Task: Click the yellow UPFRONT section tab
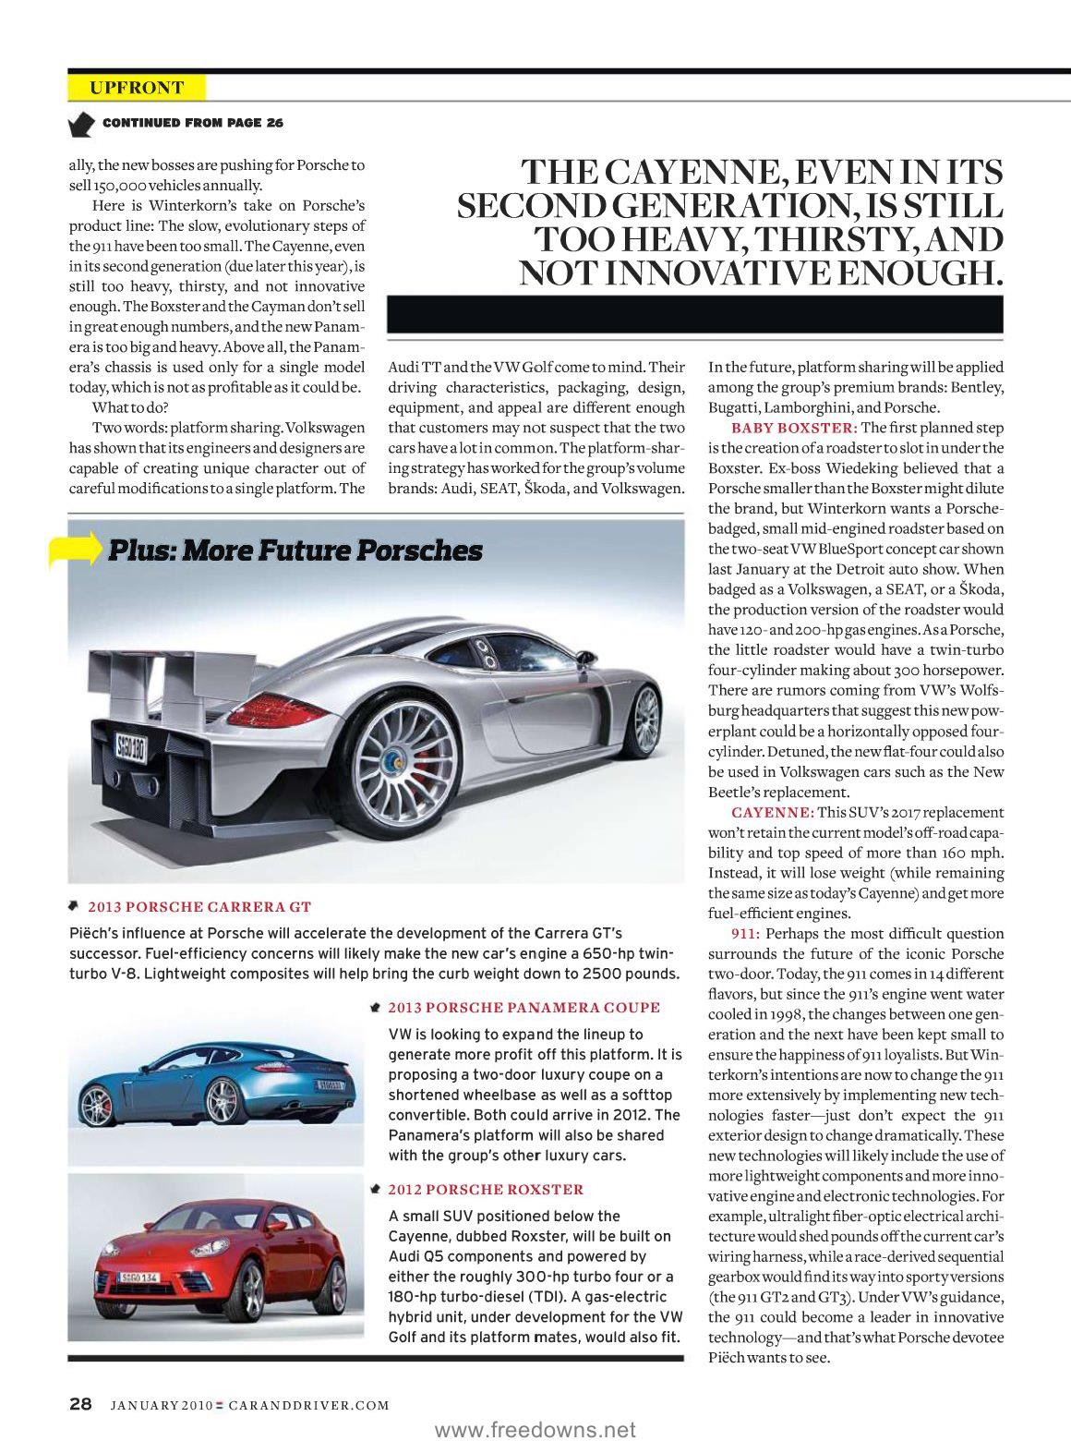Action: click(137, 88)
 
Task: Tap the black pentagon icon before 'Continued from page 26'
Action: click(81, 123)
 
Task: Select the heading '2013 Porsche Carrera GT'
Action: click(199, 906)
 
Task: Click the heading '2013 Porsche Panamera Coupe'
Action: click(523, 1007)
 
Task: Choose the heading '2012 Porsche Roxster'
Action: click(486, 1189)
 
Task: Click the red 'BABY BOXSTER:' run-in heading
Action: click(794, 428)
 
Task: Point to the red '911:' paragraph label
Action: click(745, 933)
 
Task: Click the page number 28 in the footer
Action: click(80, 1404)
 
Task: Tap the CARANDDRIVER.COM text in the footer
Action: click(308, 1405)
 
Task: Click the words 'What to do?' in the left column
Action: click(130, 407)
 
